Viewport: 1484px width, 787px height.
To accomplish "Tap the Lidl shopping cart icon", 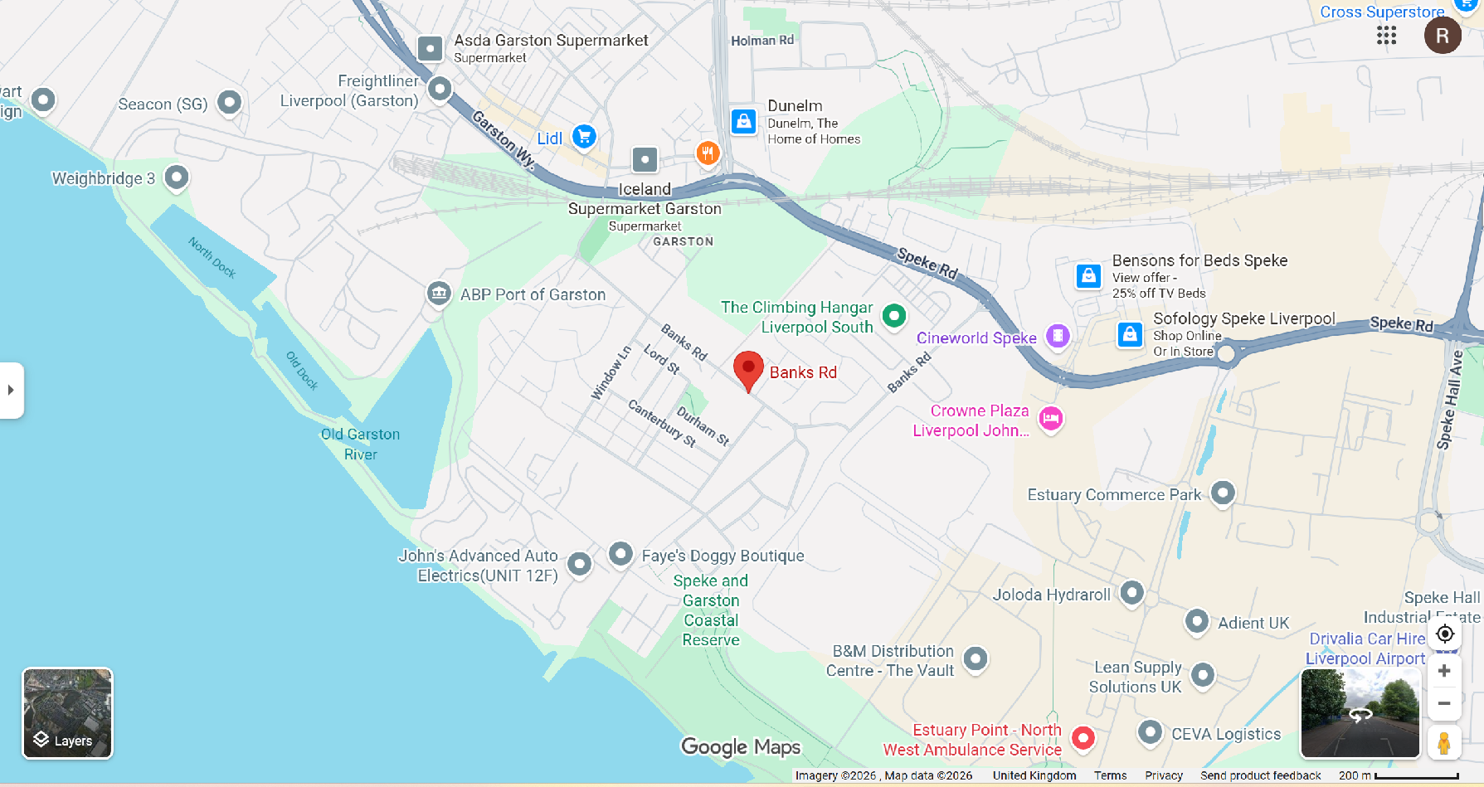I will click(x=585, y=137).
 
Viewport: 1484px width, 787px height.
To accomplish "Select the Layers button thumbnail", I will click(x=67, y=713).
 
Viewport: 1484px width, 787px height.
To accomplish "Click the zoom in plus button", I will click(x=1444, y=671).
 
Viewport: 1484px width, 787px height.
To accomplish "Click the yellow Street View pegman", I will click(x=1444, y=742).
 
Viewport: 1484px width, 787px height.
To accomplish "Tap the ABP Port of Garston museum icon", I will click(x=439, y=293).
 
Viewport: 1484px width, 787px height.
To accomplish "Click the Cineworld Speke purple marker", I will click(x=1057, y=336).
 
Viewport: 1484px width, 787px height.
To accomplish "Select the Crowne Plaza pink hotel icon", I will click(x=1051, y=418).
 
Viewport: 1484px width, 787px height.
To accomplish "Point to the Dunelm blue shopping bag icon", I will click(x=744, y=121).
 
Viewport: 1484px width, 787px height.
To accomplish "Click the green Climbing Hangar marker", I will click(x=893, y=315).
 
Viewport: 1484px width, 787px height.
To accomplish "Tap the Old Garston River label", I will click(x=361, y=444).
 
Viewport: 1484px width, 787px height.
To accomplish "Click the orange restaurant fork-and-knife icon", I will click(x=708, y=153).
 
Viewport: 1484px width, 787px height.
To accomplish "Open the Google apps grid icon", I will click(x=1386, y=35).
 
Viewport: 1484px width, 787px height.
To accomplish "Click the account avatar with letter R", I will click(x=1443, y=36).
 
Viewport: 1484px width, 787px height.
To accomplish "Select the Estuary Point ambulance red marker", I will click(x=1083, y=737).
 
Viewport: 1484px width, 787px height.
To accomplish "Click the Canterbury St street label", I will click(x=662, y=423).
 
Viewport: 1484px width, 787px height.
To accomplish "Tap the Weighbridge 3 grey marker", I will click(x=176, y=177).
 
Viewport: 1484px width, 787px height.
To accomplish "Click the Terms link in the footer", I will click(x=1110, y=775).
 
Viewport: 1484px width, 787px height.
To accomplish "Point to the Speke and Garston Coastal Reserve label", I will click(x=711, y=610).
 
